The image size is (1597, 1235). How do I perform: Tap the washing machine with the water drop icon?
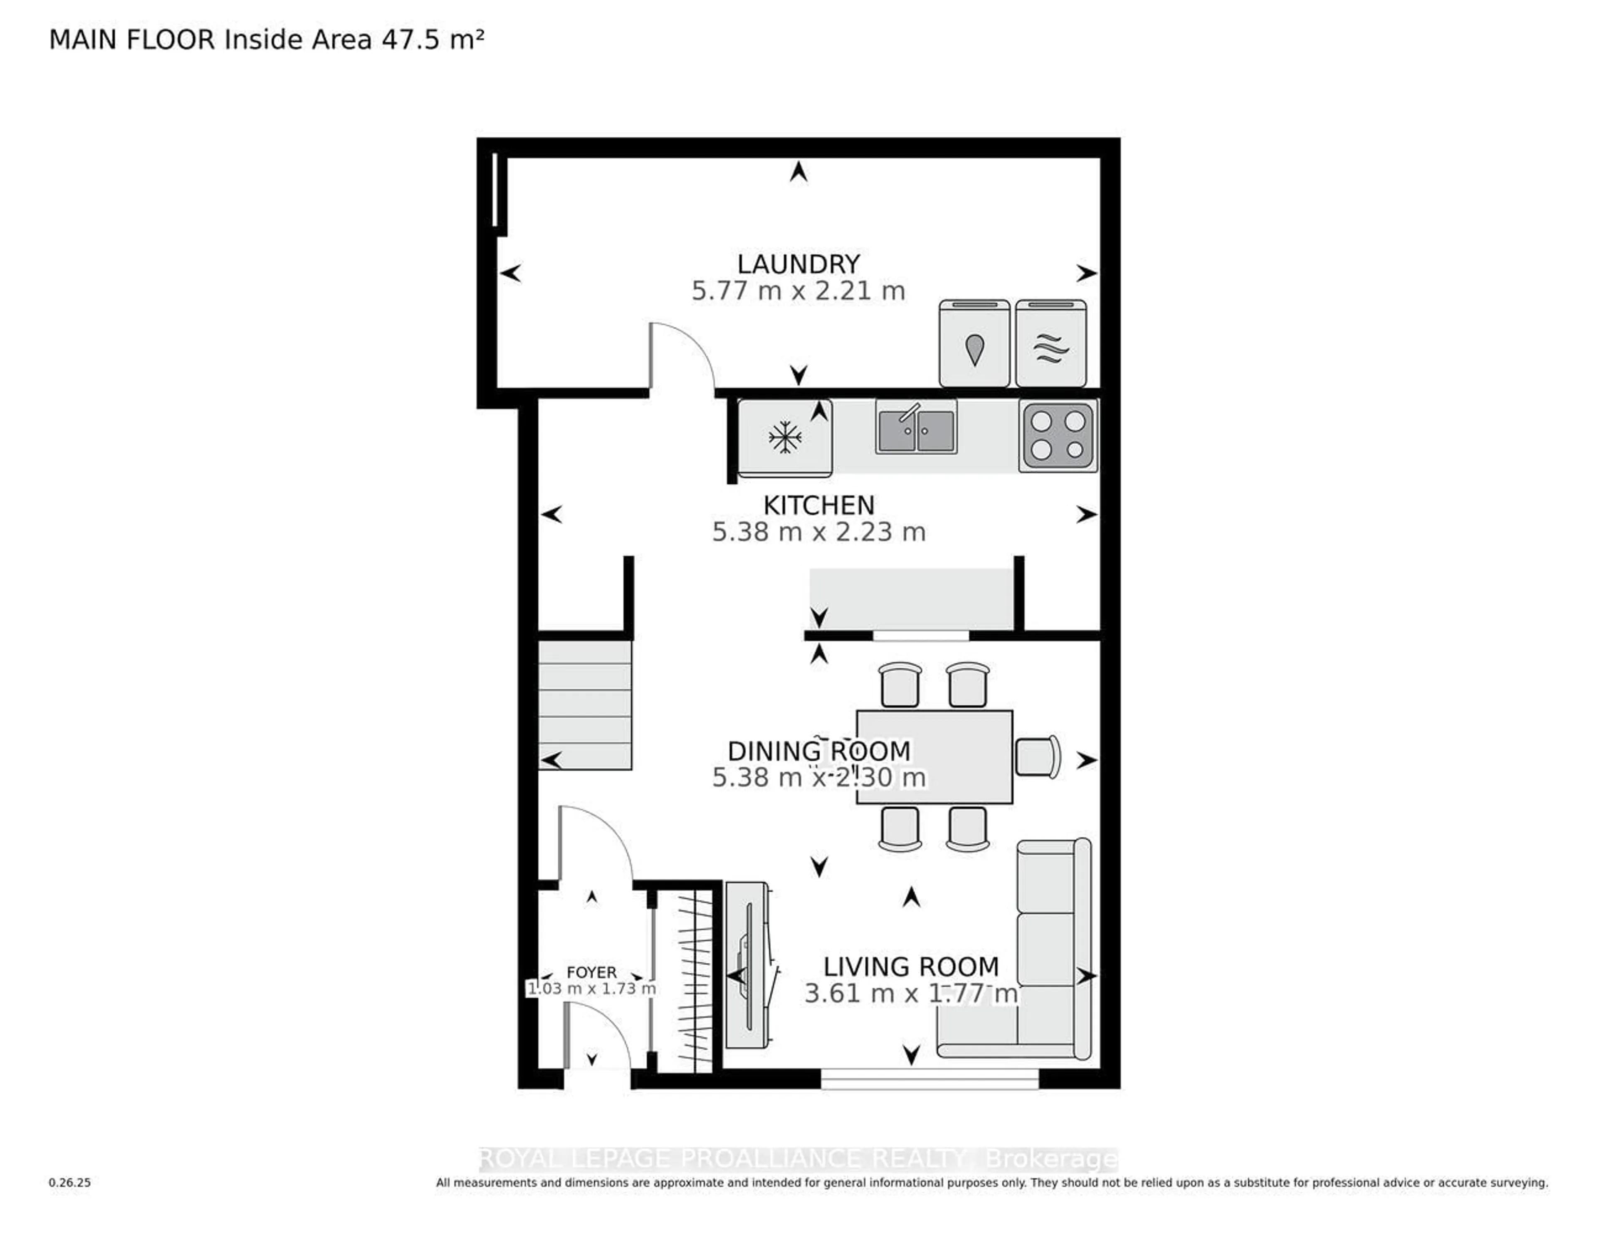tap(974, 343)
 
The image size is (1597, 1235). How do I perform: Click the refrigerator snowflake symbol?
tap(785, 437)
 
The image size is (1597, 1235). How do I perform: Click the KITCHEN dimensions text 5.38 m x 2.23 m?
tap(819, 532)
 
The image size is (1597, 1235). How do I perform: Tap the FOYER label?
tap(591, 972)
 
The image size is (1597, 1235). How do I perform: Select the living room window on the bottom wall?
tap(930, 1079)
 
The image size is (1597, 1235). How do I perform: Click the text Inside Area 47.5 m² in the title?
tap(354, 40)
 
